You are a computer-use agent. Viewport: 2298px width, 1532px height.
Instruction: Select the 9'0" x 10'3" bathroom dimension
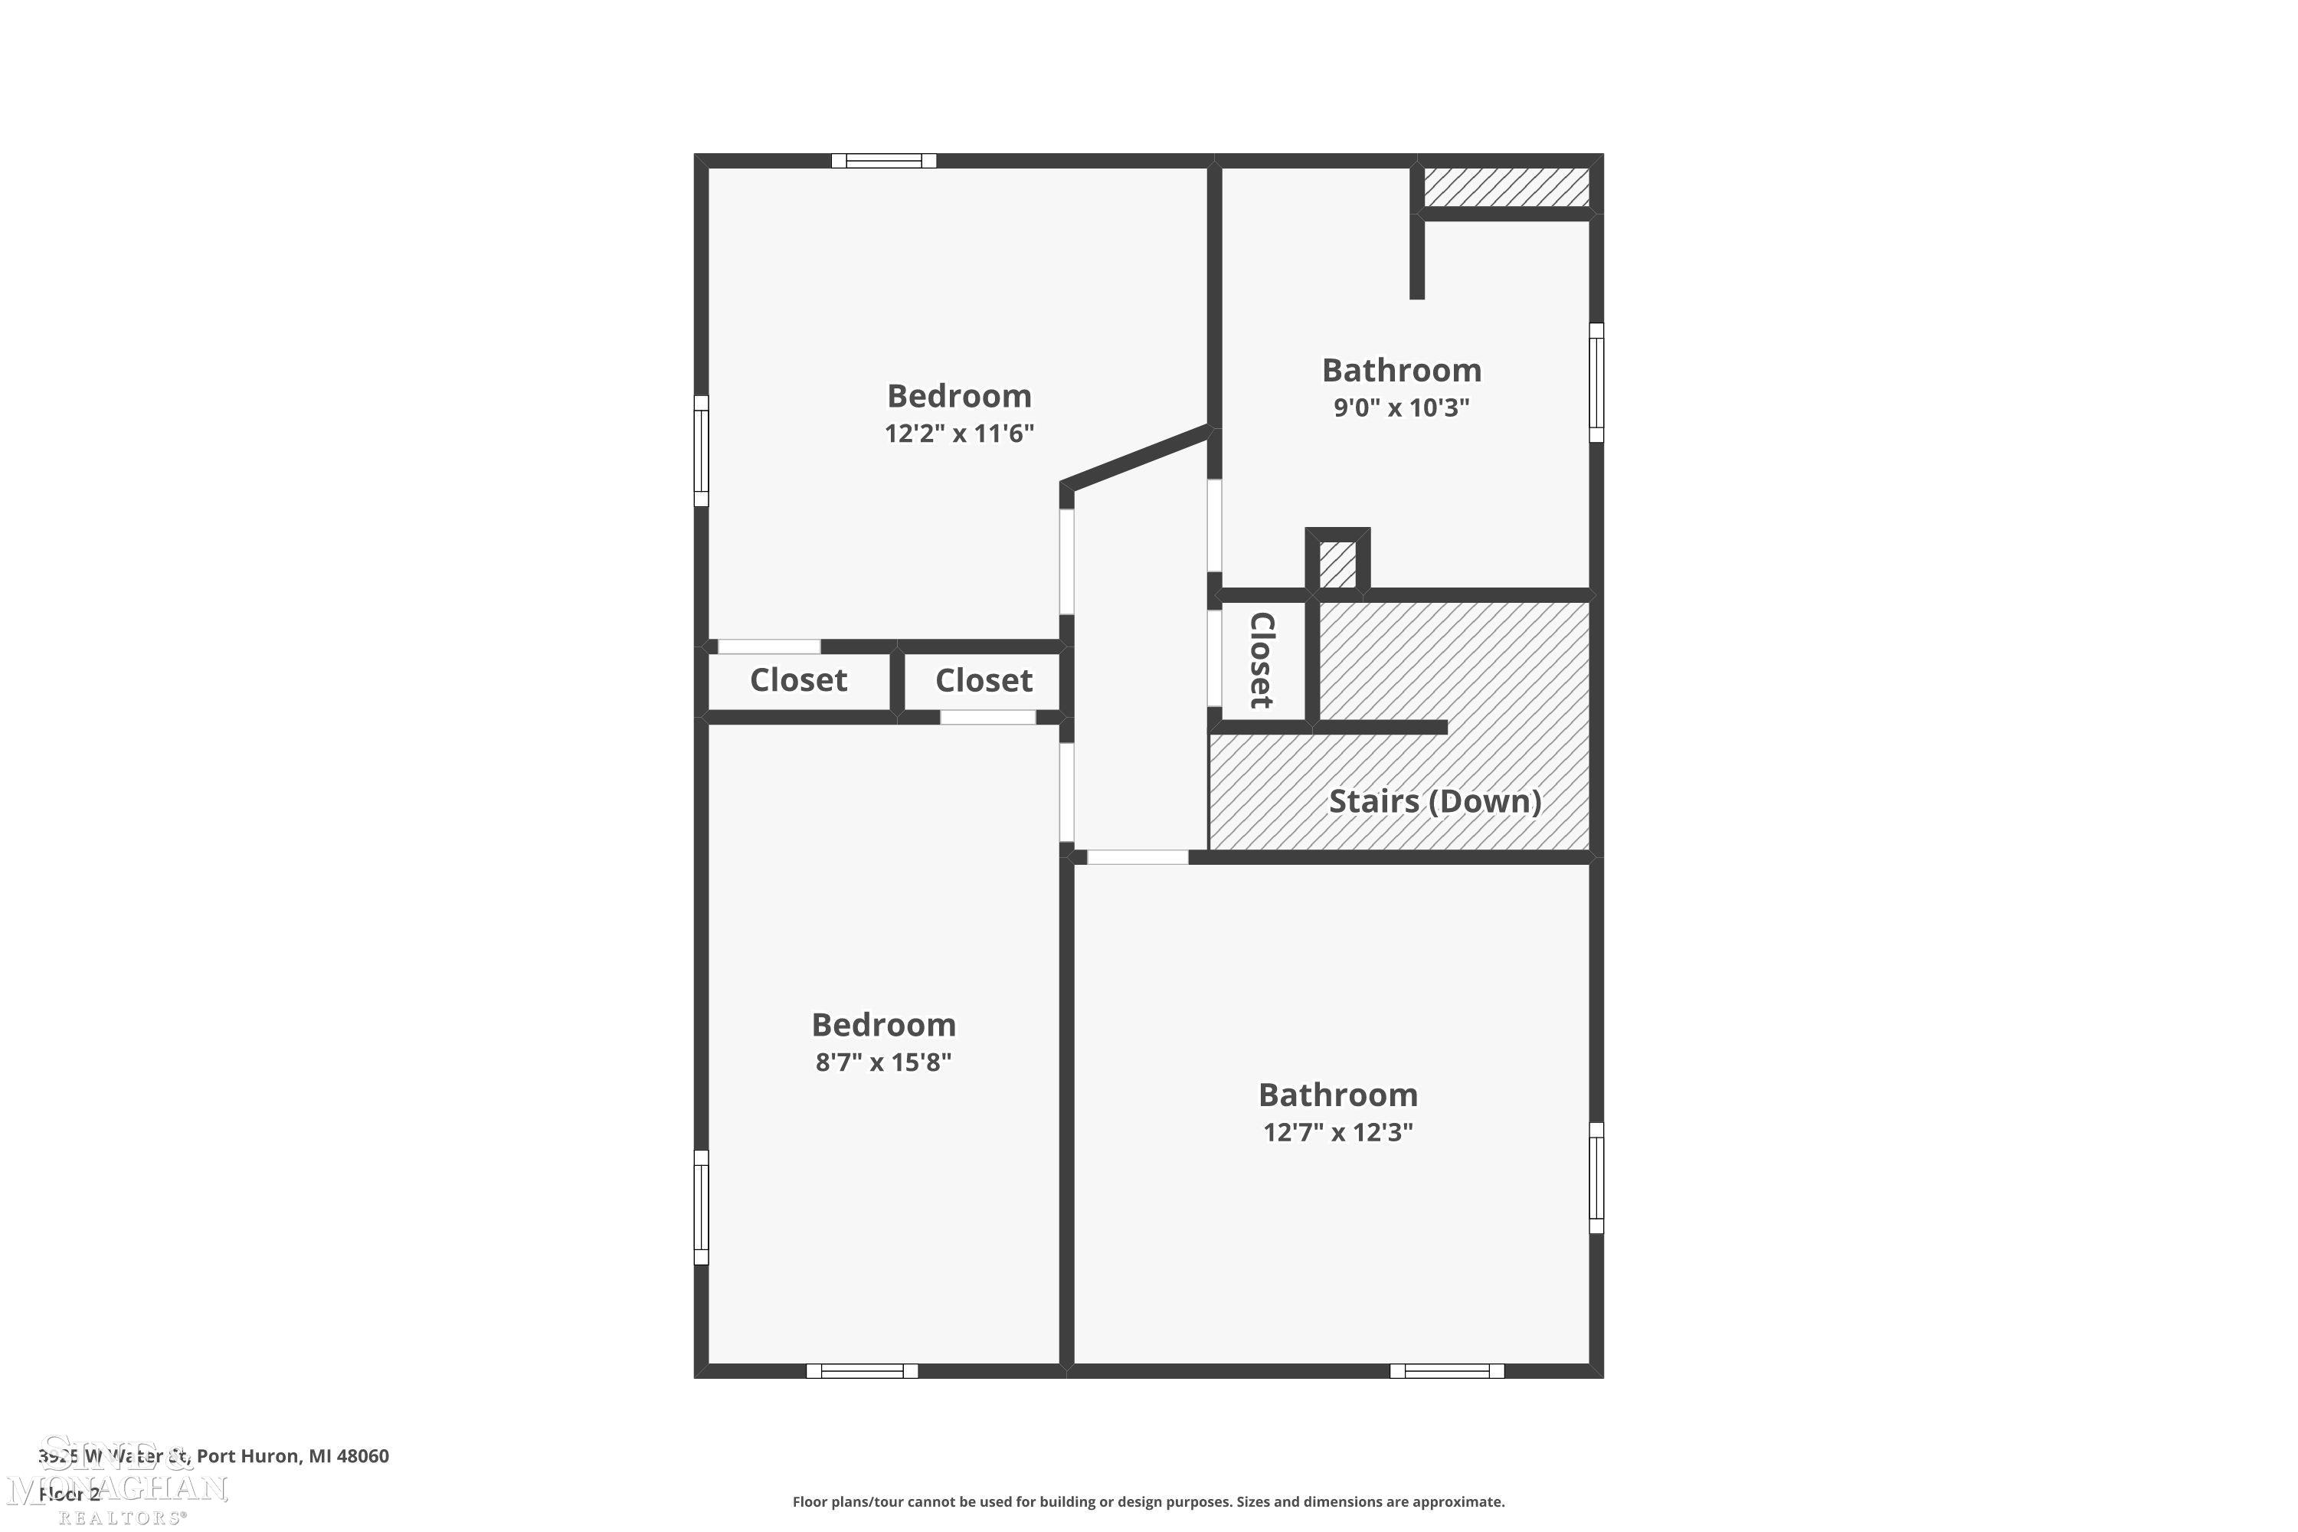(x=1401, y=408)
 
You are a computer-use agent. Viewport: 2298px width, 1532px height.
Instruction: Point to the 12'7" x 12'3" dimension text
(x=1337, y=1132)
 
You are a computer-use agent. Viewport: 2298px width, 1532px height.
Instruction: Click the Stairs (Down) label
(x=1434, y=802)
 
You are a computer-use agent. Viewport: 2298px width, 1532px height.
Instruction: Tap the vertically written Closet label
(x=1262, y=660)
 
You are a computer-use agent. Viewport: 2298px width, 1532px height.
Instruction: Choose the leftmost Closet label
(x=798, y=680)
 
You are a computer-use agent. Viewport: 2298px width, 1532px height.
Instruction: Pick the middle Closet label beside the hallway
(x=983, y=681)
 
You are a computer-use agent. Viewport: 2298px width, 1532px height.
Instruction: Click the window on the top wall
(x=883, y=161)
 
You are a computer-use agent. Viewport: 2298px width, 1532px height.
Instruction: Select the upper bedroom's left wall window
(x=701, y=450)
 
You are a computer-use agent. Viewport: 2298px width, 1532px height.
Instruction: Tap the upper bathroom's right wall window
(x=1596, y=382)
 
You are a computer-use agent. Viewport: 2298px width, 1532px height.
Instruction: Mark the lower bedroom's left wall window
(x=701, y=1206)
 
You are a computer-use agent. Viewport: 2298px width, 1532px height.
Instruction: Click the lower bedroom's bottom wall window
(x=862, y=1371)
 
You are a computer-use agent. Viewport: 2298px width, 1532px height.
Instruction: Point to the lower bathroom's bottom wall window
(x=1447, y=1371)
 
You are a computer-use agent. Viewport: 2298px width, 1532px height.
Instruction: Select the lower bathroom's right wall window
(x=1596, y=1177)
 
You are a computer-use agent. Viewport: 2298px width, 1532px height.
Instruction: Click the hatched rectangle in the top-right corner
(x=1506, y=188)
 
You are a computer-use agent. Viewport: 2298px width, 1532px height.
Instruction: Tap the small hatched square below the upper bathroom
(x=1337, y=565)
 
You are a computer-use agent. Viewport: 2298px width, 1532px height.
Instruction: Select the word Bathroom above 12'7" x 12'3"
(x=1337, y=1095)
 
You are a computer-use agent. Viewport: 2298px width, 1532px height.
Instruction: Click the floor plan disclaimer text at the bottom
(x=1148, y=1501)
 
